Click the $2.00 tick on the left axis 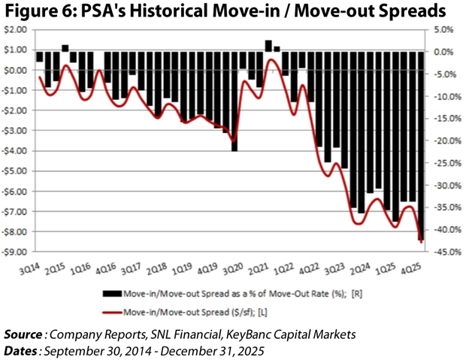[x=14, y=30]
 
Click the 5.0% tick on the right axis [x=443, y=30]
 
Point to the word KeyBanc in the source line [x=230, y=332]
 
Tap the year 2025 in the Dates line [x=249, y=349]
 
